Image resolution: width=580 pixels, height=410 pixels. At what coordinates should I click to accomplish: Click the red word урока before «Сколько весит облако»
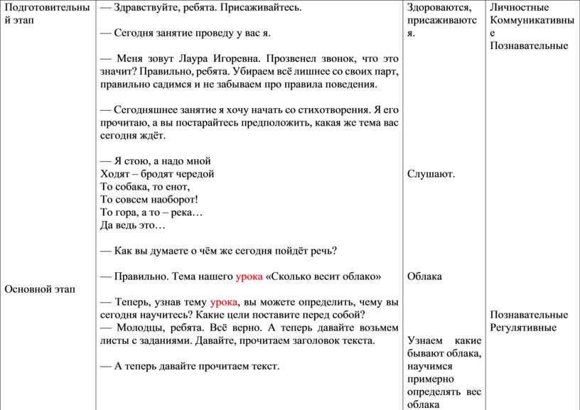tap(248, 276)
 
